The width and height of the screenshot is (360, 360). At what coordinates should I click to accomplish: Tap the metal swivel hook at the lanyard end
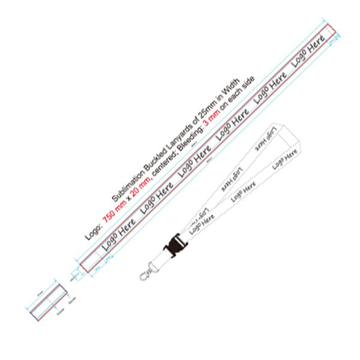pos(144,275)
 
